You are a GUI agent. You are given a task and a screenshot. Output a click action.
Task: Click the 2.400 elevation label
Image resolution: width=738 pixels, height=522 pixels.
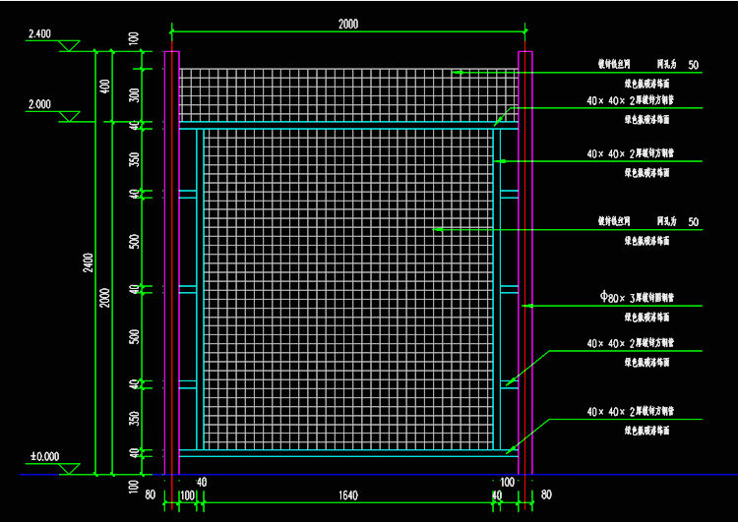[39, 33]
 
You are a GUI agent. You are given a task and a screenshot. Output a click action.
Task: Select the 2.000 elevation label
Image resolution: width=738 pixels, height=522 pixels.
[39, 104]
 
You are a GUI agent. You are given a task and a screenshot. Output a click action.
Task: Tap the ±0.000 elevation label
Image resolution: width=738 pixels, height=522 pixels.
[44, 456]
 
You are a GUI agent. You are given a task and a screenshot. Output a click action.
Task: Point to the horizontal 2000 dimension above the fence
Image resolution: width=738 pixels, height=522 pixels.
[347, 25]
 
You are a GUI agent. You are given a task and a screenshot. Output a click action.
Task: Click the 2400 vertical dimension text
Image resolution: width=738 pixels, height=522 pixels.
[88, 262]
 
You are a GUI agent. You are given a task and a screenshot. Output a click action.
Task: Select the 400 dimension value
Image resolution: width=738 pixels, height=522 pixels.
[105, 86]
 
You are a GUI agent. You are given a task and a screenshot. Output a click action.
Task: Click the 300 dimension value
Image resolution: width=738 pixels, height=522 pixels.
[133, 95]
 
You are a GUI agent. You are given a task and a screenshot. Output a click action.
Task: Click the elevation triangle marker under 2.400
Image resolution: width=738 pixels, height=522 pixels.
[69, 46]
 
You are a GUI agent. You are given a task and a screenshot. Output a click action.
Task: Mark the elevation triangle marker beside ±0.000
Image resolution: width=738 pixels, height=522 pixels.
[69, 469]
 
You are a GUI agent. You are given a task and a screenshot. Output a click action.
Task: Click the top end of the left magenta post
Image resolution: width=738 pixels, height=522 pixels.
[171, 52]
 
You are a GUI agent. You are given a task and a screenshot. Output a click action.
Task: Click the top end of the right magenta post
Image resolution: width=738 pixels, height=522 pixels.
[524, 52]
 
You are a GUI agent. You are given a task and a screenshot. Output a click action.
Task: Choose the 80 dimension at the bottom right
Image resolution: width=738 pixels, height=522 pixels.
[546, 494]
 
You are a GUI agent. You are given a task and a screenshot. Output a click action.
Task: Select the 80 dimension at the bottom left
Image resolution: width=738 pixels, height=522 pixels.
[150, 494]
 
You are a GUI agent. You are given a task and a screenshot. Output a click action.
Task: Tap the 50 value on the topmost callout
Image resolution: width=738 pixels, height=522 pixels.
[694, 66]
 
